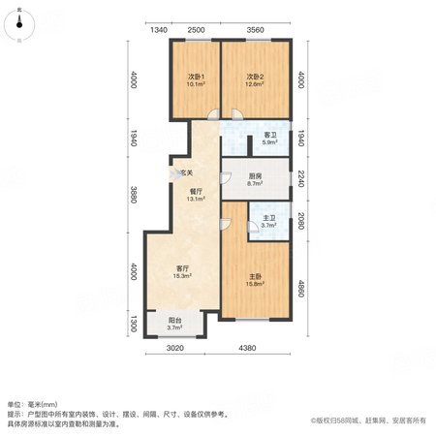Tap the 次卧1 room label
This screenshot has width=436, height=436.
tap(196, 77)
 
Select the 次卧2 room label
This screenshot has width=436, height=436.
tap(255, 77)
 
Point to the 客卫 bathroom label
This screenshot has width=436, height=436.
tap(270, 135)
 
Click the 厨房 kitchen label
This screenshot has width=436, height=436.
tap(255, 176)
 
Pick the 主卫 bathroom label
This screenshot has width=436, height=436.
tap(269, 218)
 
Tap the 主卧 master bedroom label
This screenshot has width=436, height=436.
tap(255, 277)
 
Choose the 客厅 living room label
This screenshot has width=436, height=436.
tap(182, 268)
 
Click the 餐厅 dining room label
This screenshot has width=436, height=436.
tap(196, 192)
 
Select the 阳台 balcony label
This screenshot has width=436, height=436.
tap(174, 321)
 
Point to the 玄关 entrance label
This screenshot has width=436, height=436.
tap(186, 173)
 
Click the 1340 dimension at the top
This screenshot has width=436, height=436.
tap(159, 30)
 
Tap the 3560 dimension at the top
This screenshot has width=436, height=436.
tap(255, 30)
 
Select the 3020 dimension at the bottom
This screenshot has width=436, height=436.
tap(175, 348)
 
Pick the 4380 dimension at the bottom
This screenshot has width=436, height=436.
tap(247, 348)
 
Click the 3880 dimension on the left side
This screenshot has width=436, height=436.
tap(134, 194)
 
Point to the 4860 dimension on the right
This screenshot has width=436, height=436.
tap(301, 289)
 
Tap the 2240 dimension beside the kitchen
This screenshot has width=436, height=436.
tap(301, 178)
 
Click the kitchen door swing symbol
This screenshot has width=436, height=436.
tap(225, 178)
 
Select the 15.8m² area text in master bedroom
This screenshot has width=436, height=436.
tap(255, 284)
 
